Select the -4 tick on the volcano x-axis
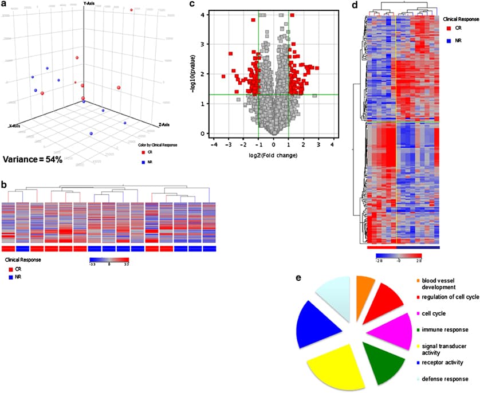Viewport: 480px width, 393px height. pyautogui.click(x=214, y=146)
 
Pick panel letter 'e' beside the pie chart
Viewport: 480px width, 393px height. pyautogui.click(x=298, y=276)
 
